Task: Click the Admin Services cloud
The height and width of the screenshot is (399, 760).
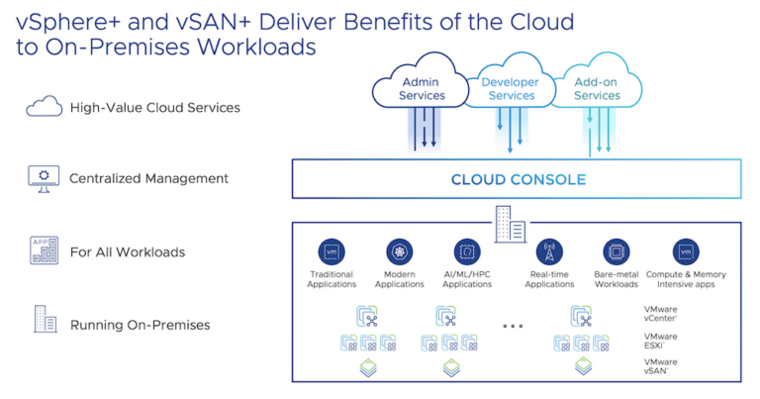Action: (421, 81)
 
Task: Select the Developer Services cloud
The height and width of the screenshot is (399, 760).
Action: (511, 81)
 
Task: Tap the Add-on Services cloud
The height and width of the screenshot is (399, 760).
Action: (597, 81)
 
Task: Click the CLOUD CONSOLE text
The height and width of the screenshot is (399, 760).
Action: (519, 180)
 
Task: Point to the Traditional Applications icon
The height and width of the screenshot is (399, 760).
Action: (332, 252)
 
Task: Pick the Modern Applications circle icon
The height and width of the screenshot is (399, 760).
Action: (400, 252)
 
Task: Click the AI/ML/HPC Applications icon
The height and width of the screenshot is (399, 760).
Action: (467, 252)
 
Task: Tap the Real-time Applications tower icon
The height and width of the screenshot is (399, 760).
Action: (549, 252)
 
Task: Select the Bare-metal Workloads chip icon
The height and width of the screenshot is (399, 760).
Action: (617, 252)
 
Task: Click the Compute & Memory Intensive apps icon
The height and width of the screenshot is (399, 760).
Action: (686, 252)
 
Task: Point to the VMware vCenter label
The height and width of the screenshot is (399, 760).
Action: (661, 314)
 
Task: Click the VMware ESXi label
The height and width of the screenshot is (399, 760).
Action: (661, 341)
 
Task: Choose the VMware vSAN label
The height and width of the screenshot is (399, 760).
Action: (661, 366)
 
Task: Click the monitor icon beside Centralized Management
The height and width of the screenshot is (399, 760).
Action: (44, 178)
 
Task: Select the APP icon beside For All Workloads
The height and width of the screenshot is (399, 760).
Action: (45, 250)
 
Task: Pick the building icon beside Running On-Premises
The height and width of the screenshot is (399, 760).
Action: (46, 319)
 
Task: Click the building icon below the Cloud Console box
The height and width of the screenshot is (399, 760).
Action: (511, 224)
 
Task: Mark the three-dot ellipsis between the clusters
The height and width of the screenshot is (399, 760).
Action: (513, 326)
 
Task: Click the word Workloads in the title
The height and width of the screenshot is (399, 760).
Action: (256, 47)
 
